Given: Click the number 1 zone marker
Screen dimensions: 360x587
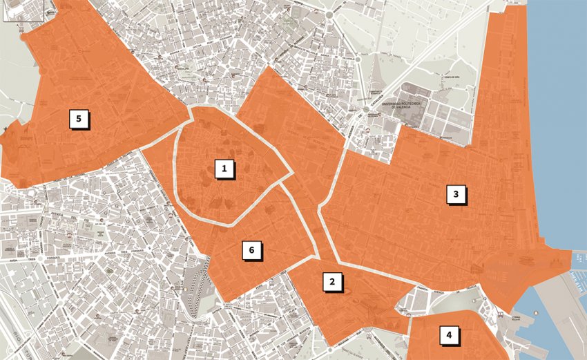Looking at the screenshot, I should click(x=224, y=169).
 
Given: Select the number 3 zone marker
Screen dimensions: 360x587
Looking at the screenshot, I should click(x=454, y=195).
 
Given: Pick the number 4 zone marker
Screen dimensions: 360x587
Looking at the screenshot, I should click(x=449, y=336).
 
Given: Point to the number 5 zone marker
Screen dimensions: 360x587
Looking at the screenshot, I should click(x=79, y=119).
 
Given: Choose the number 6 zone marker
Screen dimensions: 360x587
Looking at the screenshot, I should click(x=252, y=249).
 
